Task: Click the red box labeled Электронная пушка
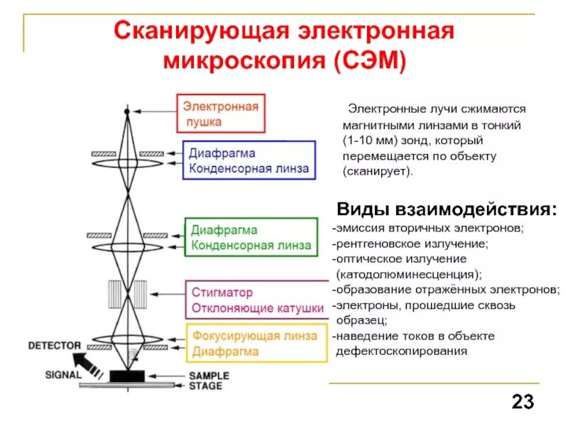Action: point(221,114)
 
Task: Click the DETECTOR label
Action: point(54,346)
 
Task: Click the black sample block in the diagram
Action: point(126,375)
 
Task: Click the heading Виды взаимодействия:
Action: point(447,209)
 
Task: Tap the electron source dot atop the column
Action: point(127,111)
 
